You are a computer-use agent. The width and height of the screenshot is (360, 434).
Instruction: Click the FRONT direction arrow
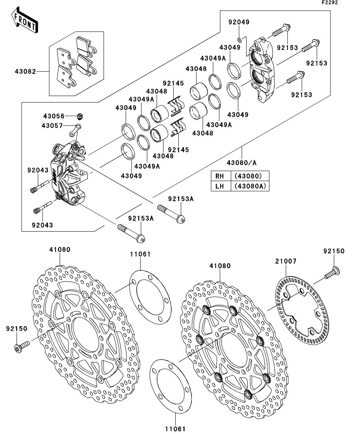point(25,21)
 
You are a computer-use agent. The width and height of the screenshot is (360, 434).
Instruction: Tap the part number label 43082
point(26,72)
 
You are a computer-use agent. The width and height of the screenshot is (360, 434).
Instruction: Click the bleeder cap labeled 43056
point(80,116)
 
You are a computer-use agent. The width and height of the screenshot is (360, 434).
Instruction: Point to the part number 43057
point(52,126)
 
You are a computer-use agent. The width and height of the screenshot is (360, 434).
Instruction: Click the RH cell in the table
point(219,175)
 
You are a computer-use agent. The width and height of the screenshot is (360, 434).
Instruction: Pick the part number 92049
point(239,22)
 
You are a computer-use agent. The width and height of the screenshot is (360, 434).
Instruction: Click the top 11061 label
point(140,254)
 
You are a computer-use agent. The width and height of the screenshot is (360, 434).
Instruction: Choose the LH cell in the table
point(219,186)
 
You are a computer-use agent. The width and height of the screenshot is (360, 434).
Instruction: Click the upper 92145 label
point(173,83)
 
